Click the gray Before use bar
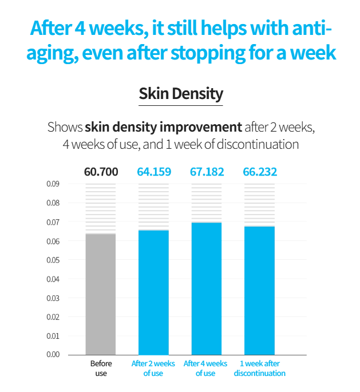coord(101,294)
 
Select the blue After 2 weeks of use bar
coord(153,292)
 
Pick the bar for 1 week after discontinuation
coord(259,290)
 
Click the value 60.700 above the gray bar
coord(101,172)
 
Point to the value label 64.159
coord(153,172)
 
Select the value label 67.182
coord(206,172)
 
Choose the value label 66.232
coord(259,172)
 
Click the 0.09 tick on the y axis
coord(53,184)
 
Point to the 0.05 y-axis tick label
coord(53,260)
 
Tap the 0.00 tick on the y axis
coord(53,354)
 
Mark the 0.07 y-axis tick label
coord(53,222)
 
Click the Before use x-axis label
coord(101,369)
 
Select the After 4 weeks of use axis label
coord(205,369)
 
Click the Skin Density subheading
coord(180,93)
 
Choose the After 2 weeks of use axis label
coord(153,369)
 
